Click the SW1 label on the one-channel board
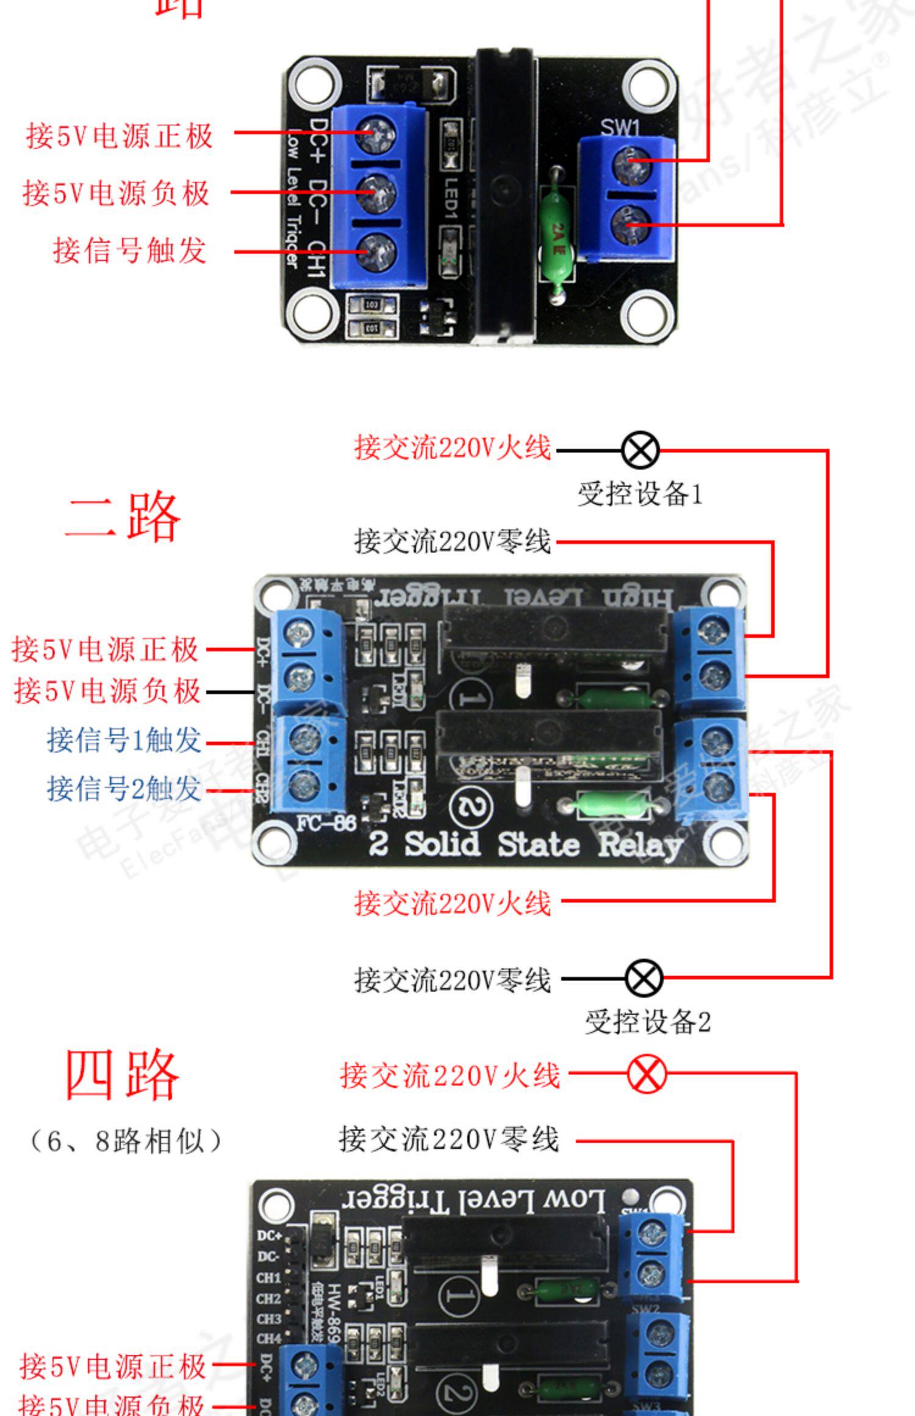coord(620,127)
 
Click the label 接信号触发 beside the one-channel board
coord(130,251)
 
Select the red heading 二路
coord(123,518)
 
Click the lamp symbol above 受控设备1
coord(640,451)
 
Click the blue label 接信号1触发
coord(124,740)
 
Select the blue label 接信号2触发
coord(124,789)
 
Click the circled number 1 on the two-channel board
coord(470,697)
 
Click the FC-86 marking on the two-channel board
coord(326,824)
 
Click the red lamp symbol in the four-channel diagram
coord(647,1075)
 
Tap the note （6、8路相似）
coord(125,1140)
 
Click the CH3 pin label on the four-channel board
coord(268,1318)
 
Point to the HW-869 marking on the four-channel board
coord(332,1311)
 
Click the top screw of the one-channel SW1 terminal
coord(626,164)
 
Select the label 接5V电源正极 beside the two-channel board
coord(106,649)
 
